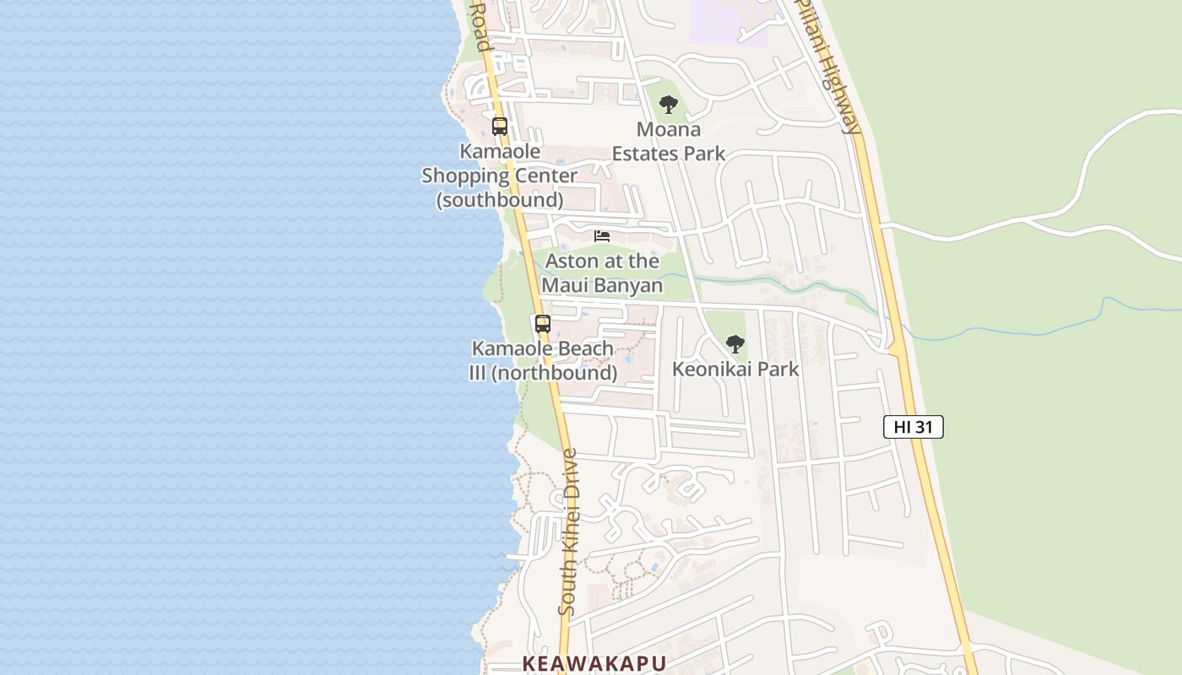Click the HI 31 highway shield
(913, 427)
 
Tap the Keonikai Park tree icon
(735, 344)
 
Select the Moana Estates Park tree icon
(669, 105)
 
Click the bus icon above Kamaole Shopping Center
(500, 127)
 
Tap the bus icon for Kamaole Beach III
(543, 324)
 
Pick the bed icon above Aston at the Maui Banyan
(602, 236)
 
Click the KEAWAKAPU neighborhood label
(594, 663)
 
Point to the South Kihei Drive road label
(569, 532)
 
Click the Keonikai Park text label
(735, 370)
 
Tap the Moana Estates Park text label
(669, 142)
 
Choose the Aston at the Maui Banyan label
(602, 273)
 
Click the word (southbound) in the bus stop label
(500, 200)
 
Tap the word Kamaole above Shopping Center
(500, 152)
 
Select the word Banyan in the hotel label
(627, 285)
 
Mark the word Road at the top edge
(480, 25)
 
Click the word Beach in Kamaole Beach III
(578, 348)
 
